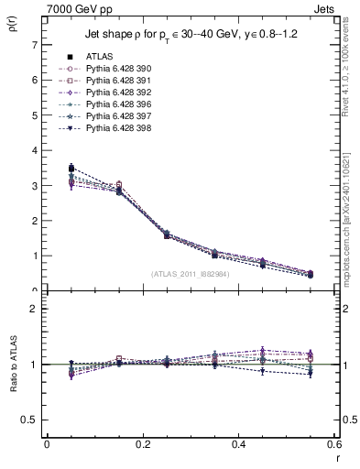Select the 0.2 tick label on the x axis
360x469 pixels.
point(142,444)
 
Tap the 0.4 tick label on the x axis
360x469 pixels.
point(238,444)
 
